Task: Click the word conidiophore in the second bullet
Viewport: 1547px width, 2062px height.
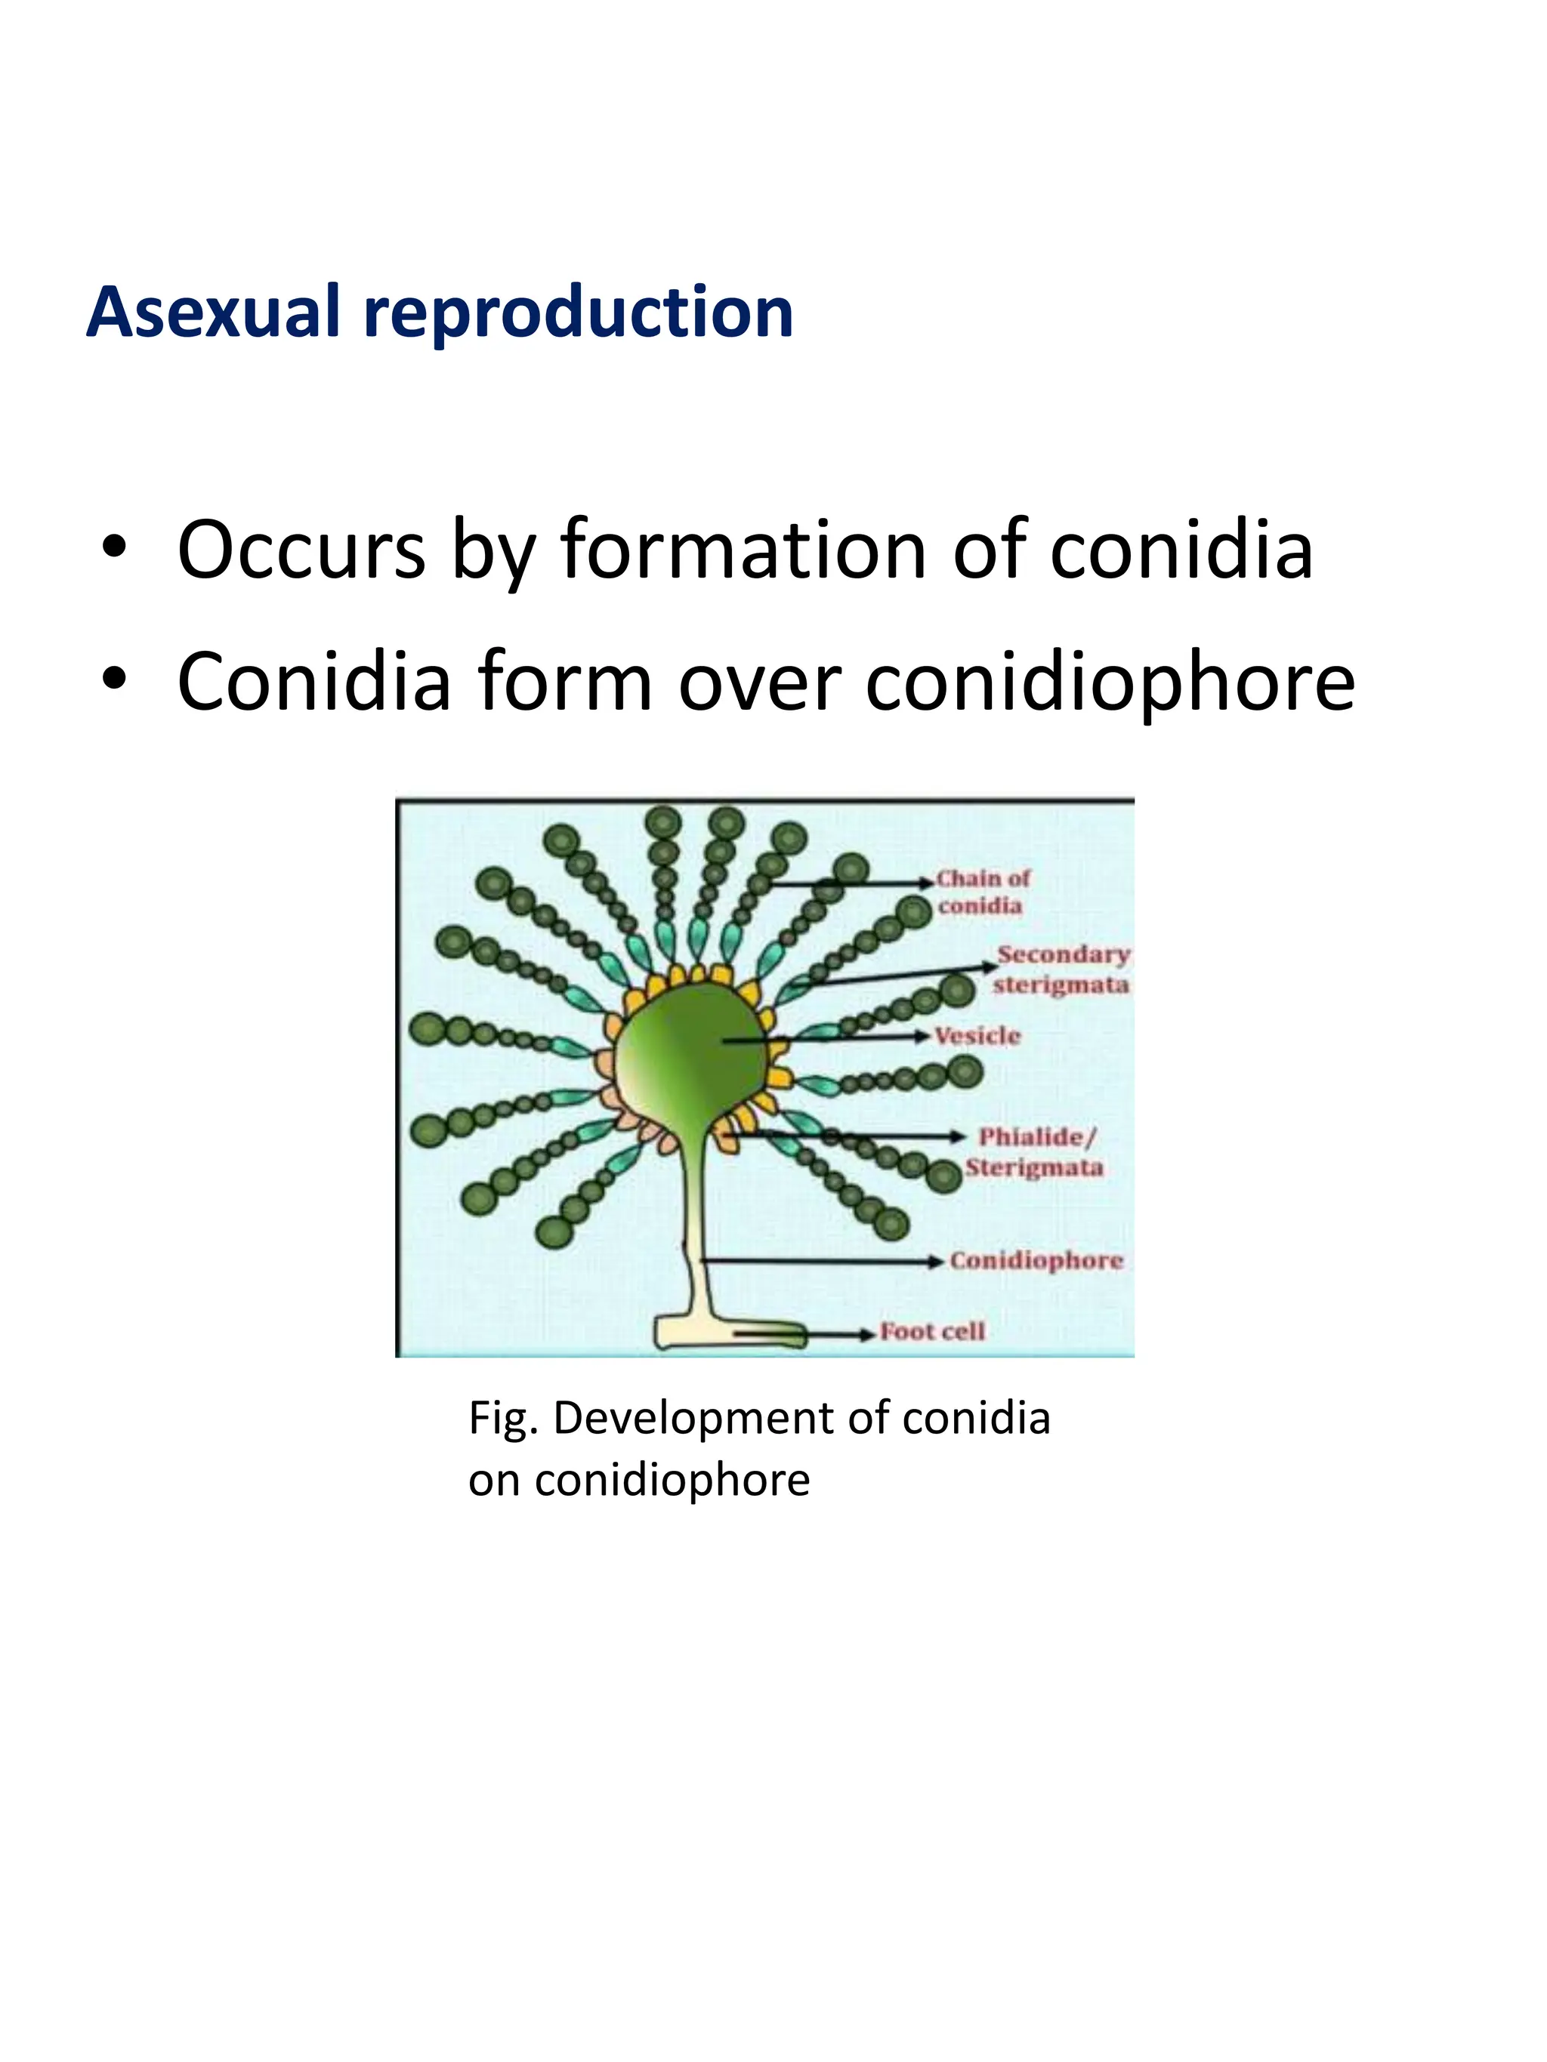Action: click(x=1110, y=684)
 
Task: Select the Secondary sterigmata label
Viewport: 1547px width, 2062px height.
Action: click(x=1061, y=969)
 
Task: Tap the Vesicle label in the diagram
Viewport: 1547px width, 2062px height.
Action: click(x=977, y=1036)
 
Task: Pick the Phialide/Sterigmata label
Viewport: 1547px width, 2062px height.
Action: click(x=1033, y=1152)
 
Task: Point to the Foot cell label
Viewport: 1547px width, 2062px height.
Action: click(x=931, y=1332)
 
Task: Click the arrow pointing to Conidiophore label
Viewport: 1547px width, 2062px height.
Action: click(x=820, y=1261)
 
